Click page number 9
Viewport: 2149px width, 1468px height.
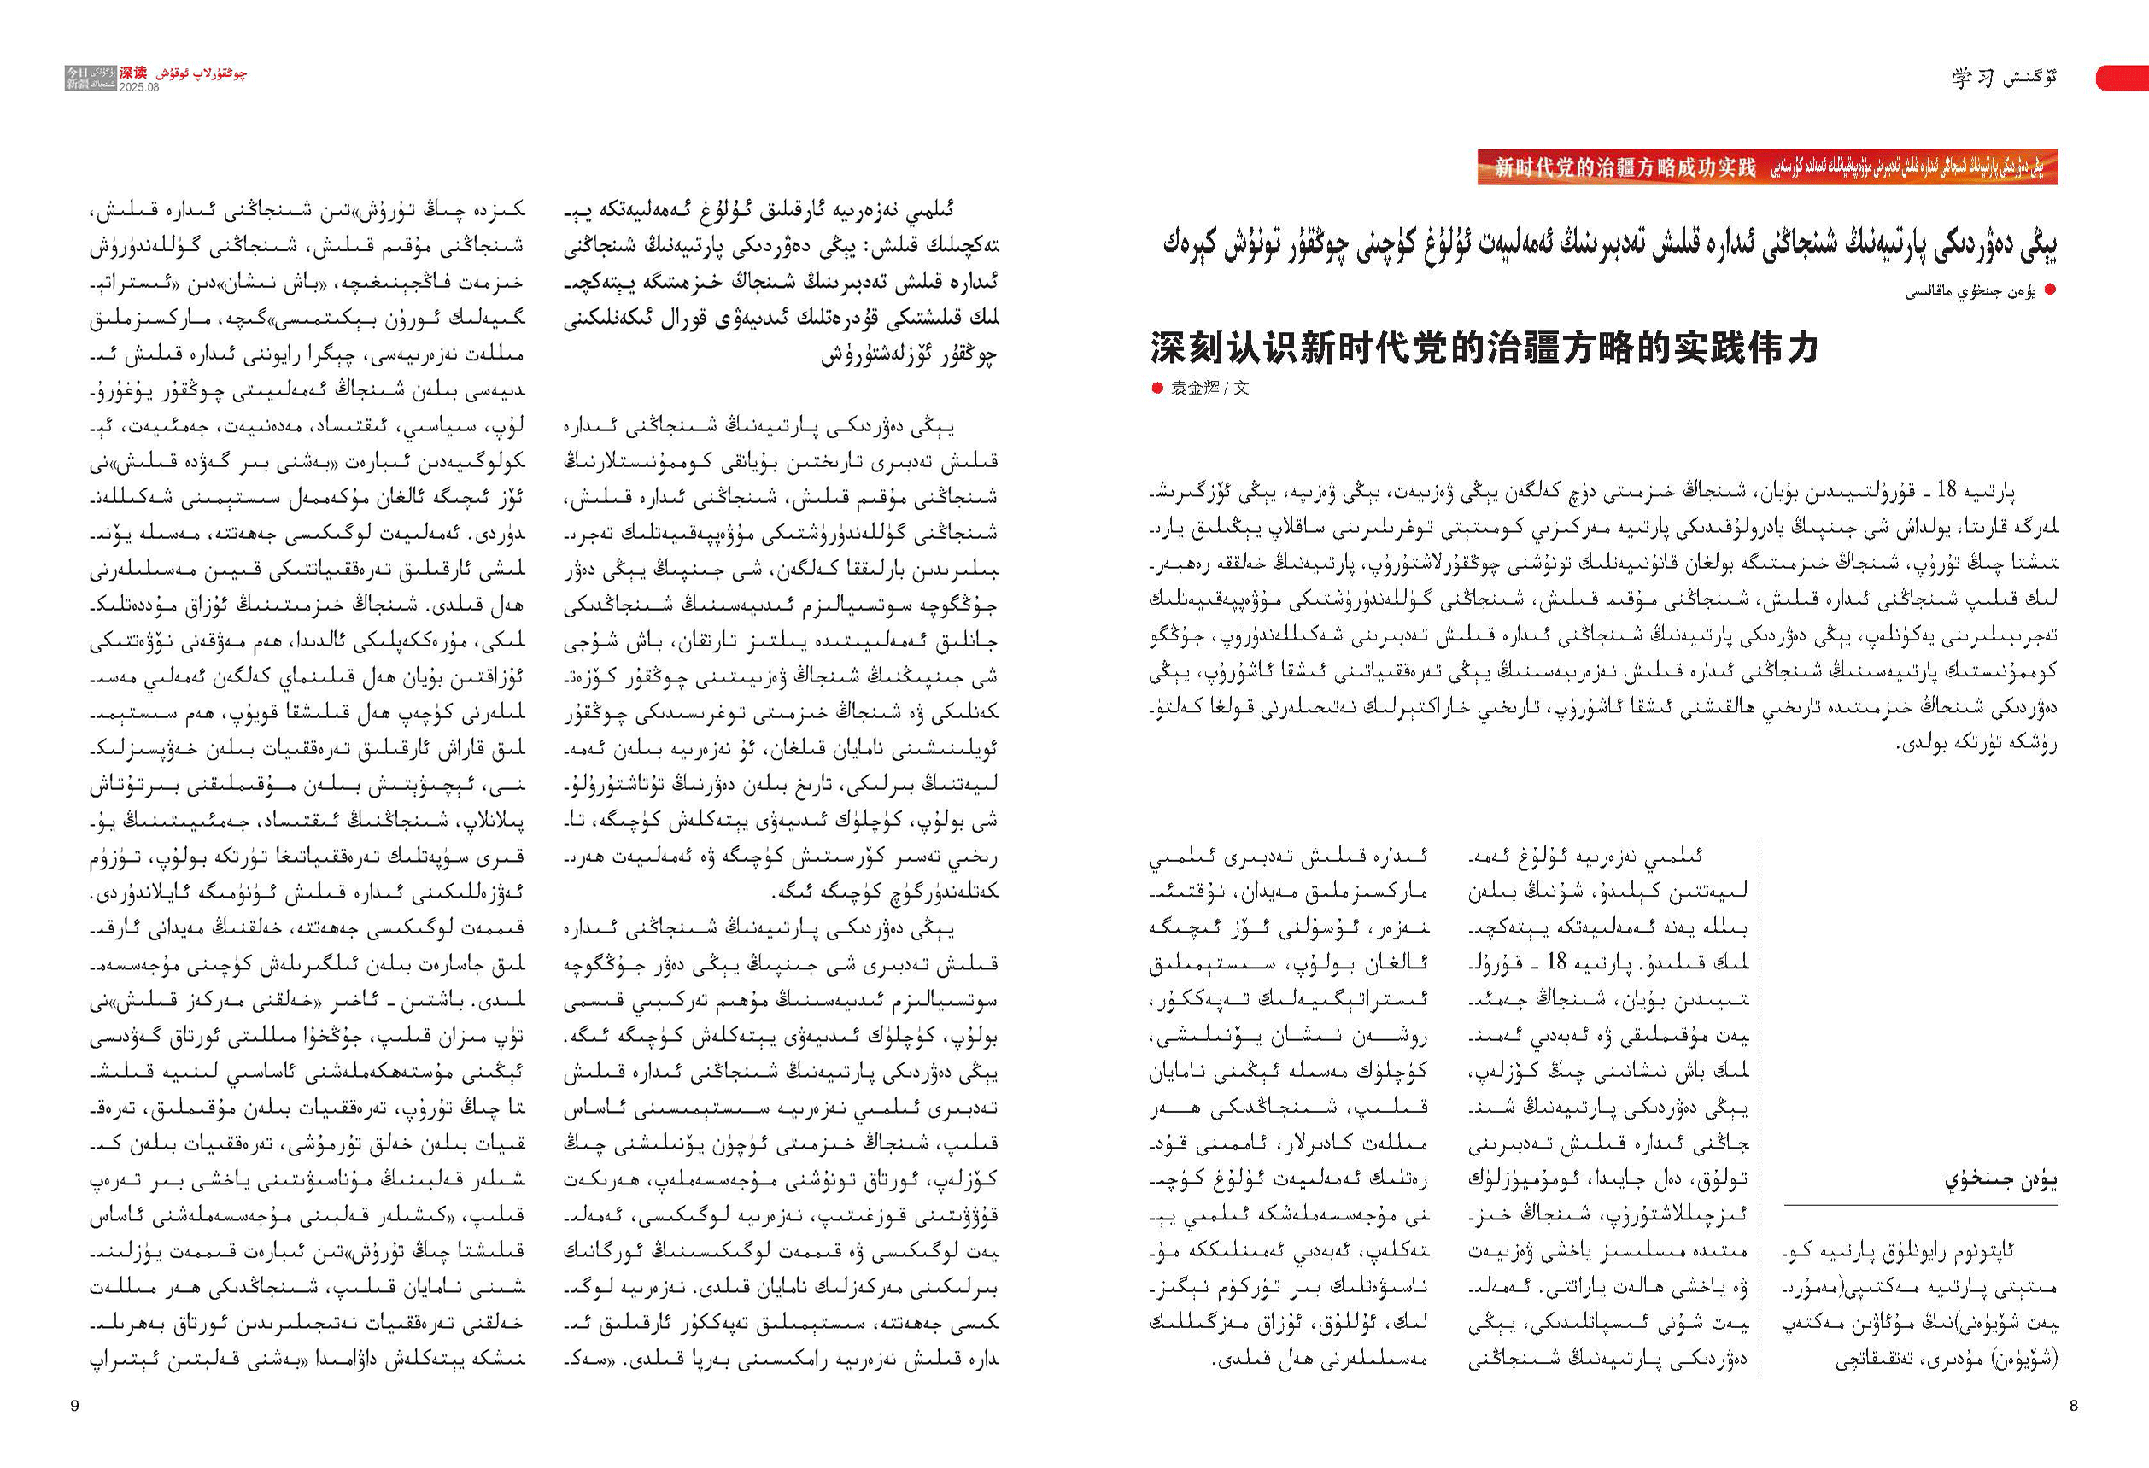pyautogui.click(x=75, y=1406)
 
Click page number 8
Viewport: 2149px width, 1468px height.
pyautogui.click(x=2073, y=1405)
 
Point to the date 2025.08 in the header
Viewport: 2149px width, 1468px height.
pyautogui.click(x=138, y=87)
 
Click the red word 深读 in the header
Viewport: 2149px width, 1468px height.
pyautogui.click(x=133, y=72)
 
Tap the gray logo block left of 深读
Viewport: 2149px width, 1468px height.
pyautogui.click(x=91, y=78)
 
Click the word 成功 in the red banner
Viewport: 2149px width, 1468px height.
pyautogui.click(x=1689, y=167)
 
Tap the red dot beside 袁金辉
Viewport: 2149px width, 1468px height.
pyautogui.click(x=1156, y=389)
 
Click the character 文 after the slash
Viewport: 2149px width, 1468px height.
pyautogui.click(x=1241, y=389)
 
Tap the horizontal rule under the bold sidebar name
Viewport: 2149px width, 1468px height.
pyautogui.click(x=1920, y=1206)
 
